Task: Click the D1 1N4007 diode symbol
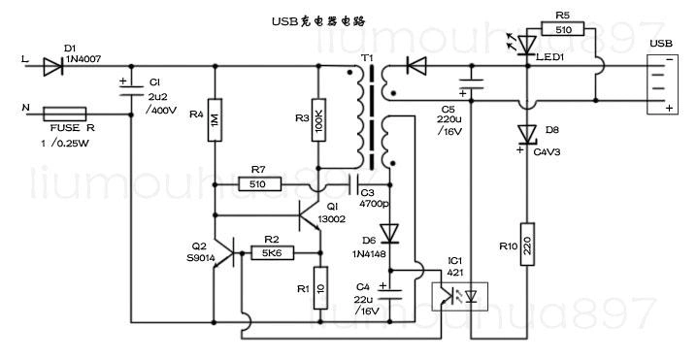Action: (x=52, y=66)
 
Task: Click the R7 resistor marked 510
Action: (x=258, y=183)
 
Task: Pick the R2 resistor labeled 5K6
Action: (x=271, y=252)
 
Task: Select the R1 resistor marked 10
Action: (x=317, y=288)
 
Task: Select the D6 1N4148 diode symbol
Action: (x=390, y=233)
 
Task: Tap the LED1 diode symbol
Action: (x=526, y=45)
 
